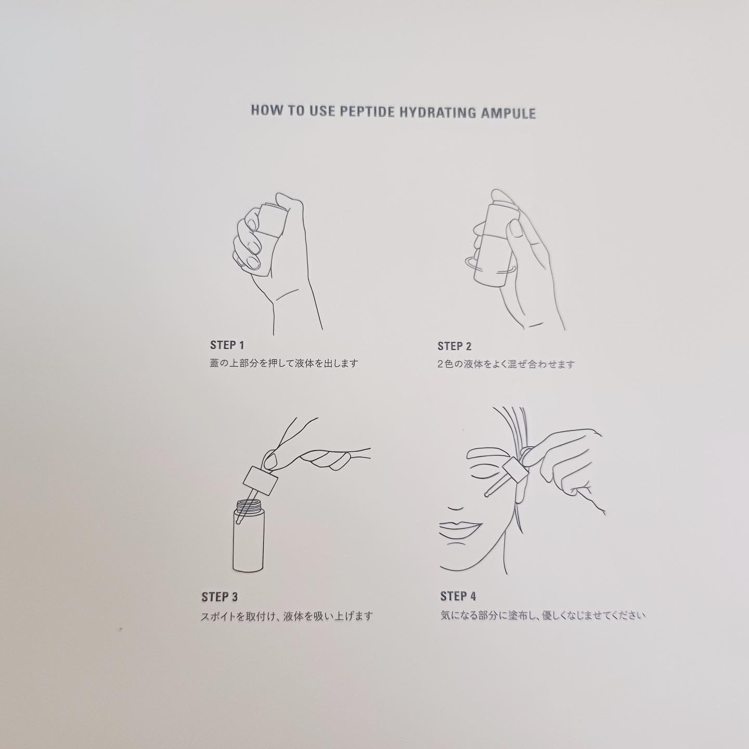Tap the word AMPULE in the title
pyautogui.click(x=508, y=113)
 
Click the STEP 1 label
pyautogui.click(x=227, y=345)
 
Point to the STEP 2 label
pyautogui.click(x=455, y=346)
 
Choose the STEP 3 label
pyautogui.click(x=219, y=597)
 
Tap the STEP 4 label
pyautogui.click(x=458, y=596)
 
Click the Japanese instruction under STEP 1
pyautogui.click(x=284, y=364)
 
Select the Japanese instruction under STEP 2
pyautogui.click(x=506, y=364)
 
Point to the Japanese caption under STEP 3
pyautogui.click(x=287, y=616)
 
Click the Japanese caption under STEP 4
pyautogui.click(x=543, y=615)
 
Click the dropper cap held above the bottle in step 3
pyautogui.click(x=260, y=480)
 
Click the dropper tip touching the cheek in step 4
pyautogui.click(x=486, y=495)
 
